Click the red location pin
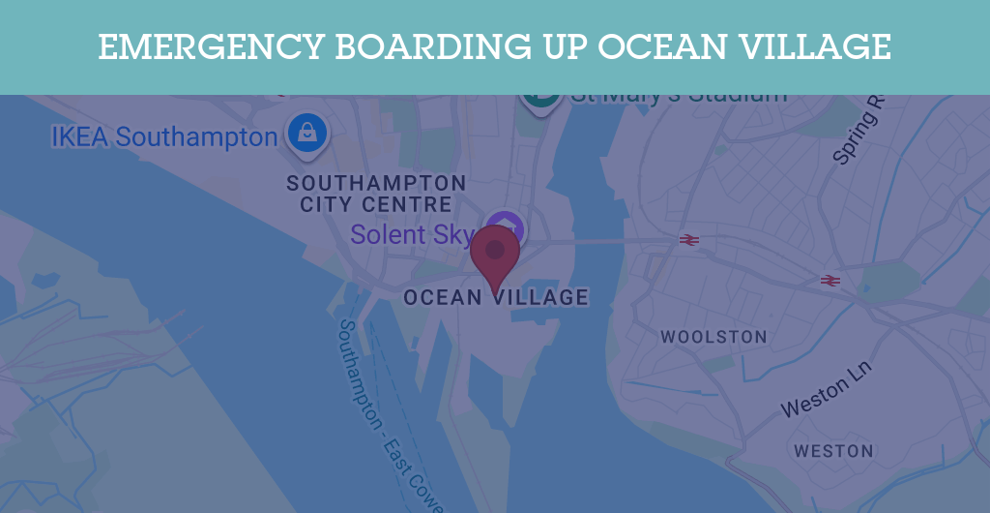495,254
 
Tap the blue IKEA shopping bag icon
307,134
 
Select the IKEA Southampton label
164,136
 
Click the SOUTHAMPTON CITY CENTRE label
376,194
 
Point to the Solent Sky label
412,234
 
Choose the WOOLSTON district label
713,337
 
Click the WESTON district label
833,451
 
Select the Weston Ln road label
826,390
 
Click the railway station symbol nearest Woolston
689,239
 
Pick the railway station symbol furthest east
830,281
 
